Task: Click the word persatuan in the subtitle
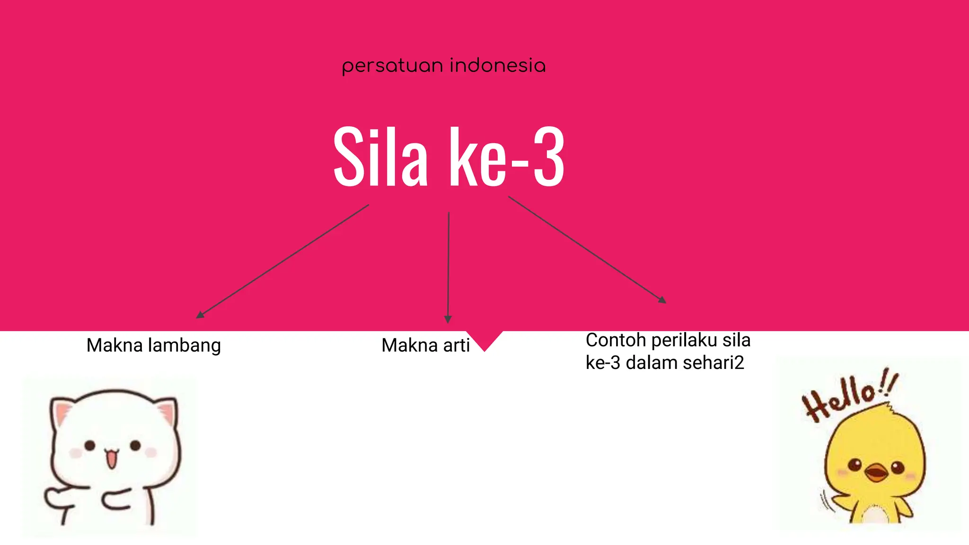pos(394,66)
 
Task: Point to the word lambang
pos(184,346)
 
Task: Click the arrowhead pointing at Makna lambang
pos(200,315)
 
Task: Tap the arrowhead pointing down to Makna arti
pos(448,319)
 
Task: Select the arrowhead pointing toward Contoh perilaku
pos(662,299)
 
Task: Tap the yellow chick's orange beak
pos(876,472)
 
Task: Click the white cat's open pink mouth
pos(111,458)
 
